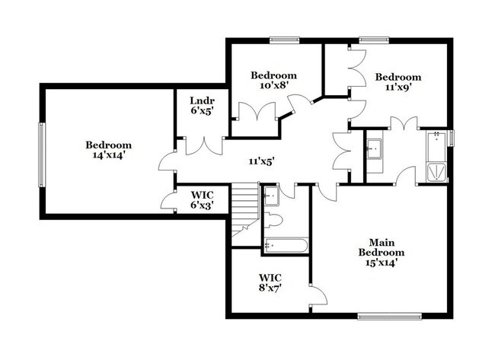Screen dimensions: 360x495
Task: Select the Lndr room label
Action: (x=201, y=100)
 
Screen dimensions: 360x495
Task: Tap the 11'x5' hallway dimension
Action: (x=260, y=161)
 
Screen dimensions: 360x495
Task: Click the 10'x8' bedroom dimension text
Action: (x=273, y=86)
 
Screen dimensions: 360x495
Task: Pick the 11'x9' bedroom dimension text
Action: (x=398, y=87)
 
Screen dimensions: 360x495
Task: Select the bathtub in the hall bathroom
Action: (x=286, y=245)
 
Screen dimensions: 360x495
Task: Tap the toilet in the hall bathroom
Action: (x=274, y=221)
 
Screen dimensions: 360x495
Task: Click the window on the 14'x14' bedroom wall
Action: (x=42, y=153)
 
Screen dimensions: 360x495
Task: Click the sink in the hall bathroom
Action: (x=272, y=197)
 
